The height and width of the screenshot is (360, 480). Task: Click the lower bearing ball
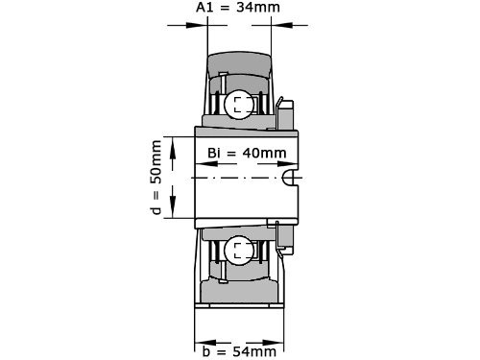click(237, 252)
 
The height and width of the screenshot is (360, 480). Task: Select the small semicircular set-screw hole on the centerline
click(292, 179)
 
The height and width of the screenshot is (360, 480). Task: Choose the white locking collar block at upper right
click(284, 114)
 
